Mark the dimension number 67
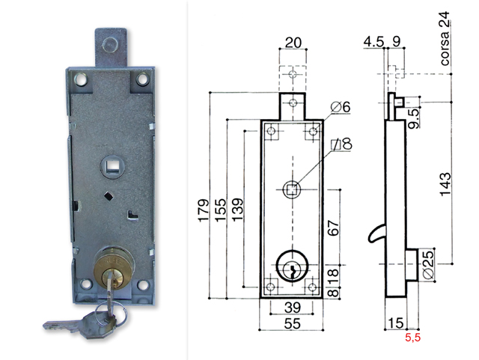[x=334, y=228]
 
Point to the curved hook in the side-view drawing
[x=373, y=235]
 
